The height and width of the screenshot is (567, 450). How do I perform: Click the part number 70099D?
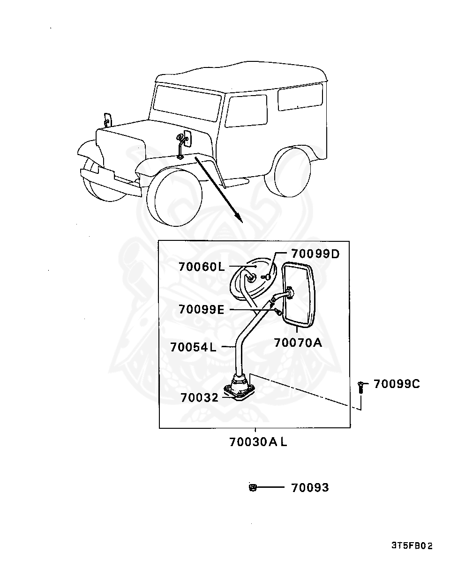315,254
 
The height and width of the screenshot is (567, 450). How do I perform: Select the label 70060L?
202,267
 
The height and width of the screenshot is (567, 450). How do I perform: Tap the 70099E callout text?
202,309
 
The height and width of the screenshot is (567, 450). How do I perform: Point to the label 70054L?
193,347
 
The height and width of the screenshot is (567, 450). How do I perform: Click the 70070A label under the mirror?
298,343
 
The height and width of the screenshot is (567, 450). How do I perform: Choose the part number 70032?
200,397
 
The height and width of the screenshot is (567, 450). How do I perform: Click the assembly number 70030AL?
258,442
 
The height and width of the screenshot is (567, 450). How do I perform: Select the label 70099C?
397,384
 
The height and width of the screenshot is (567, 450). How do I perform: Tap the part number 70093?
310,487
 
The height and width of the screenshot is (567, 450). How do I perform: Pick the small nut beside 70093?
252,487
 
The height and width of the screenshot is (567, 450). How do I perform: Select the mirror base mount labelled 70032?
240,390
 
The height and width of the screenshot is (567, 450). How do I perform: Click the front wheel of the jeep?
174,197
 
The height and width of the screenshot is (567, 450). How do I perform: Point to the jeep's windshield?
187,103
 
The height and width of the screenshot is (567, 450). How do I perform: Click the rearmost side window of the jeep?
300,97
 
